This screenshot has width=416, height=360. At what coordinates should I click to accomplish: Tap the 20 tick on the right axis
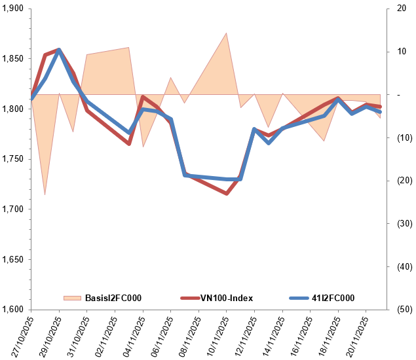tap(400, 9)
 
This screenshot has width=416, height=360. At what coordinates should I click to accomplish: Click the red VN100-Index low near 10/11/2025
tap(226, 194)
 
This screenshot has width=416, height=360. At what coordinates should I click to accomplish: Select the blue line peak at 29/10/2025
tap(59, 50)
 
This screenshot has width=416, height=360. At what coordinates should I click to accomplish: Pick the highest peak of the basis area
tap(226, 33)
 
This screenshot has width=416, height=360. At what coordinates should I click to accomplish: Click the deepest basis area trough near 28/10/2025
tap(45, 194)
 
